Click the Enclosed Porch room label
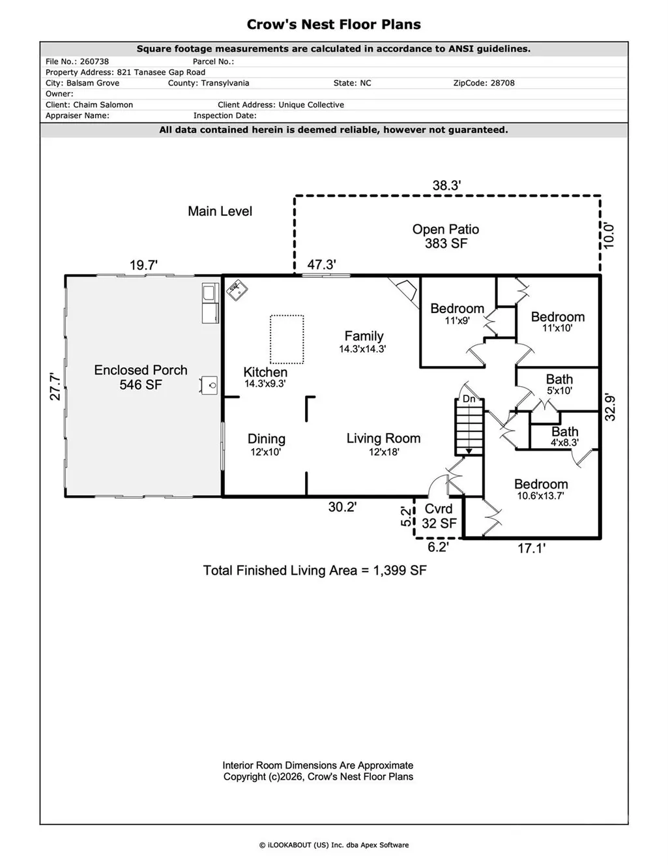coord(141,377)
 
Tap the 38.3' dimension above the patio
coord(446,185)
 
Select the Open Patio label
coord(445,236)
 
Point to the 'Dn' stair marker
coord(469,399)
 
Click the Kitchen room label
coord(265,377)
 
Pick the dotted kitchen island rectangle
coord(287,339)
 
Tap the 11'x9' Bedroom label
coord(457,314)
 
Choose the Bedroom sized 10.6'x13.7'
coord(541,489)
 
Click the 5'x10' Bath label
coord(559,384)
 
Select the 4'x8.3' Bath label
coord(564,436)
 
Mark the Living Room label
coord(383,444)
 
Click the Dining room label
coord(266,444)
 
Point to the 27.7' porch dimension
coord(55,386)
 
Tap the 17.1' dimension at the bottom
coord(531,548)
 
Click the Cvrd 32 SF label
coord(439,516)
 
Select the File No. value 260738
coord(94,61)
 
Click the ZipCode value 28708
coord(502,83)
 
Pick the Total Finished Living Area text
coord(315,570)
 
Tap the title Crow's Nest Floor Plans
coord(334,24)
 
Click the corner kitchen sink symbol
coord(237,290)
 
